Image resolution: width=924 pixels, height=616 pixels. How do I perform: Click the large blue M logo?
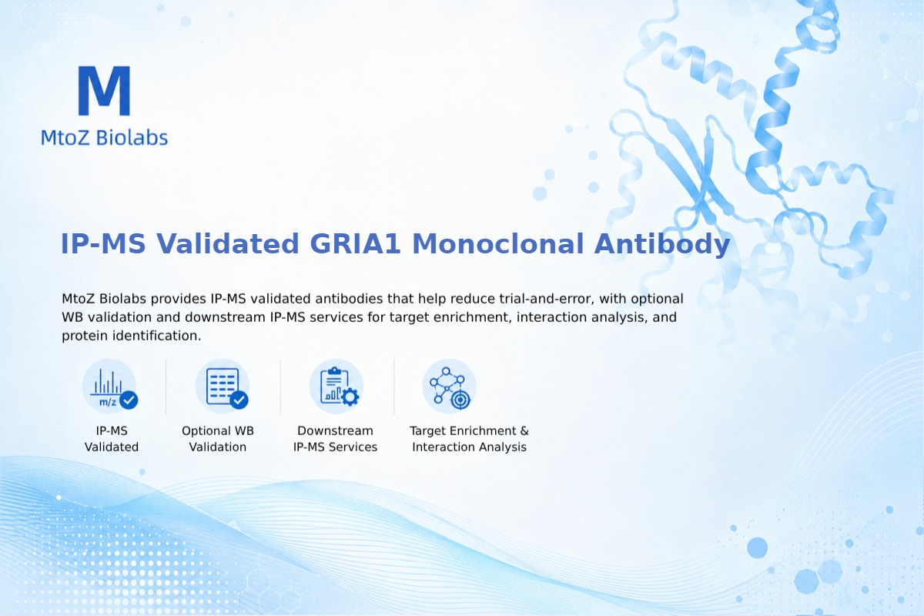pyautogui.click(x=105, y=91)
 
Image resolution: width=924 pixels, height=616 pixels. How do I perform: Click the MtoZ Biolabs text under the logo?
pyautogui.click(x=105, y=137)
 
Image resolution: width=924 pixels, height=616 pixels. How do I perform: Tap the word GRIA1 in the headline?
pyautogui.click(x=355, y=243)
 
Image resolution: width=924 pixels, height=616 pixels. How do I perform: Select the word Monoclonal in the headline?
pyautogui.click(x=498, y=243)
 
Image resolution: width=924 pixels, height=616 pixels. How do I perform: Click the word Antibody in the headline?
pyautogui.click(x=662, y=244)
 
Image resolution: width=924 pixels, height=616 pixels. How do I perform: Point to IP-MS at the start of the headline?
pyautogui.click(x=103, y=243)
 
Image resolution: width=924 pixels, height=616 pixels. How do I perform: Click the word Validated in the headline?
pyautogui.click(x=227, y=243)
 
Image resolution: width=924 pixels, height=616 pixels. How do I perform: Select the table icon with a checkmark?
pyautogui.click(x=223, y=387)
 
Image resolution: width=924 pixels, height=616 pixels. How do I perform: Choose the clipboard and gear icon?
pyautogui.click(x=336, y=387)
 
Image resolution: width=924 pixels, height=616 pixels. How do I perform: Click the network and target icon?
pyautogui.click(x=449, y=387)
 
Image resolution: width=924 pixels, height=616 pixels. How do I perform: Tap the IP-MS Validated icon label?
pyautogui.click(x=112, y=439)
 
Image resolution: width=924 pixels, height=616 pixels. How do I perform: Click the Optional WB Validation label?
pyautogui.click(x=218, y=439)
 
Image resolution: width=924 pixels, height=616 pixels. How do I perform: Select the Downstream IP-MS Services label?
pyautogui.click(x=336, y=439)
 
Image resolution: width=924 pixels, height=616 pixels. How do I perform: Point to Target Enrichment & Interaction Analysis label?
pyautogui.click(x=470, y=439)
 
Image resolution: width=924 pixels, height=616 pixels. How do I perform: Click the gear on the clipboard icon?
pyautogui.click(x=350, y=397)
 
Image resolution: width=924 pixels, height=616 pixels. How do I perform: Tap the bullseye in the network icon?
pyautogui.click(x=460, y=400)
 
